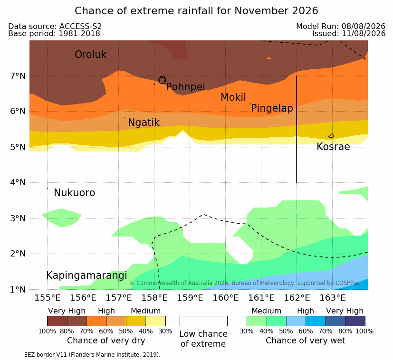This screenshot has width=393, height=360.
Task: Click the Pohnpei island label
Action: click(185, 87)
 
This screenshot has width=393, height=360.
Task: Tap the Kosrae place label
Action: click(333, 147)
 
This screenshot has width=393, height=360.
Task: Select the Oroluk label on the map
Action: click(90, 55)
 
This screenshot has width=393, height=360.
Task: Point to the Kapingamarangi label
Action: click(86, 275)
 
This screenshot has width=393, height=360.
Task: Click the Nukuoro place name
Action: click(75, 193)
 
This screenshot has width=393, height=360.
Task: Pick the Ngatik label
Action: click(144, 123)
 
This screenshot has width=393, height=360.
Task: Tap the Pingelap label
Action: click(272, 108)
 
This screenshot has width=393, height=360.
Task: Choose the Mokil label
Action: click(233, 97)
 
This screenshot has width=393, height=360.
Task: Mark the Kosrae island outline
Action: click(331, 136)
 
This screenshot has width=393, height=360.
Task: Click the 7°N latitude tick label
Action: click(18, 76)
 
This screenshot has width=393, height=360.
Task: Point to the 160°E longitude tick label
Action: click(226, 298)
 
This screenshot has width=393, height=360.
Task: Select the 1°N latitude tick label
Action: click(18, 290)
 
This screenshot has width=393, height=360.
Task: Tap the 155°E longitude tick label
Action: click(48, 298)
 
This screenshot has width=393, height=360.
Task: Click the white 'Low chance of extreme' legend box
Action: click(203, 321)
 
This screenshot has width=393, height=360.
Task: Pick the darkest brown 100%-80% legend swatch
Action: click(57, 321)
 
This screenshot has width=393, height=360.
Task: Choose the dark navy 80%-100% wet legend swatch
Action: click(355, 321)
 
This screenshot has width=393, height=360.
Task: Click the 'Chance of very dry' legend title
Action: click(106, 341)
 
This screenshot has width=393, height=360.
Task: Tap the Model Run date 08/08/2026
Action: click(363, 26)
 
